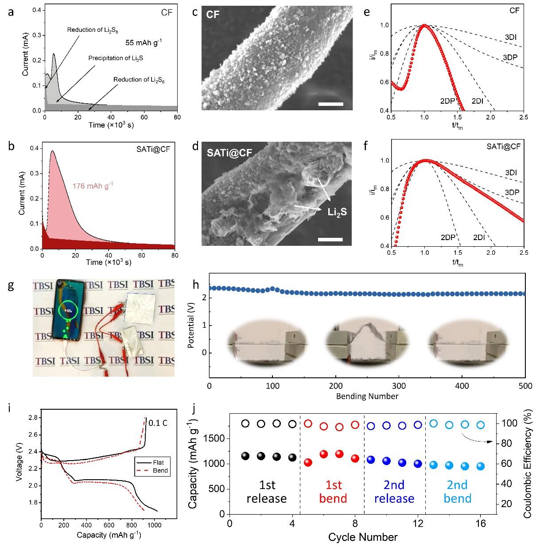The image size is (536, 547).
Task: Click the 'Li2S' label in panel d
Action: coord(337,212)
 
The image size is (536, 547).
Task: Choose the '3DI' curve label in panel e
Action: coord(510,38)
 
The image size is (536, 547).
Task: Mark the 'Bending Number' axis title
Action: coord(367,396)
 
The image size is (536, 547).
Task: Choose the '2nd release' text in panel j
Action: coord(394,492)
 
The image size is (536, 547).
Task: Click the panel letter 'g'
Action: coord(10,286)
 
